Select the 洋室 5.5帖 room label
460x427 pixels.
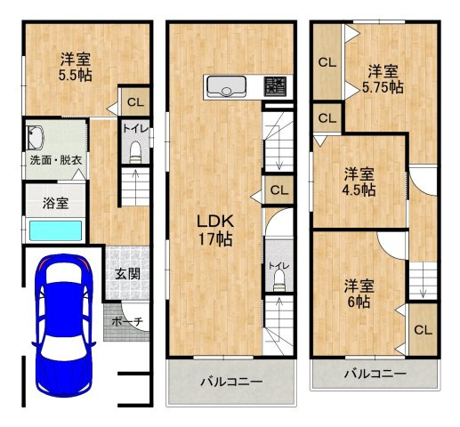pyautogui.click(x=75, y=68)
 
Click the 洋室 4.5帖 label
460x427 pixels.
pyautogui.click(x=360, y=181)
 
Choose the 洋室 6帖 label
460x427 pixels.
pyautogui.click(x=360, y=294)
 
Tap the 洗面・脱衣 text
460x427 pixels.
pyautogui.click(x=53, y=161)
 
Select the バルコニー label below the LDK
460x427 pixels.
pyautogui.click(x=230, y=382)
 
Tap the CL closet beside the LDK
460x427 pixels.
pyautogui.click(x=278, y=189)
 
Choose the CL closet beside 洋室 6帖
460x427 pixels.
pyautogui.click(x=422, y=330)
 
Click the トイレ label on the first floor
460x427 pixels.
pyautogui.click(x=134, y=128)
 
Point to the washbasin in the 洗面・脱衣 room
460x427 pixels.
pyautogui.click(x=36, y=138)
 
